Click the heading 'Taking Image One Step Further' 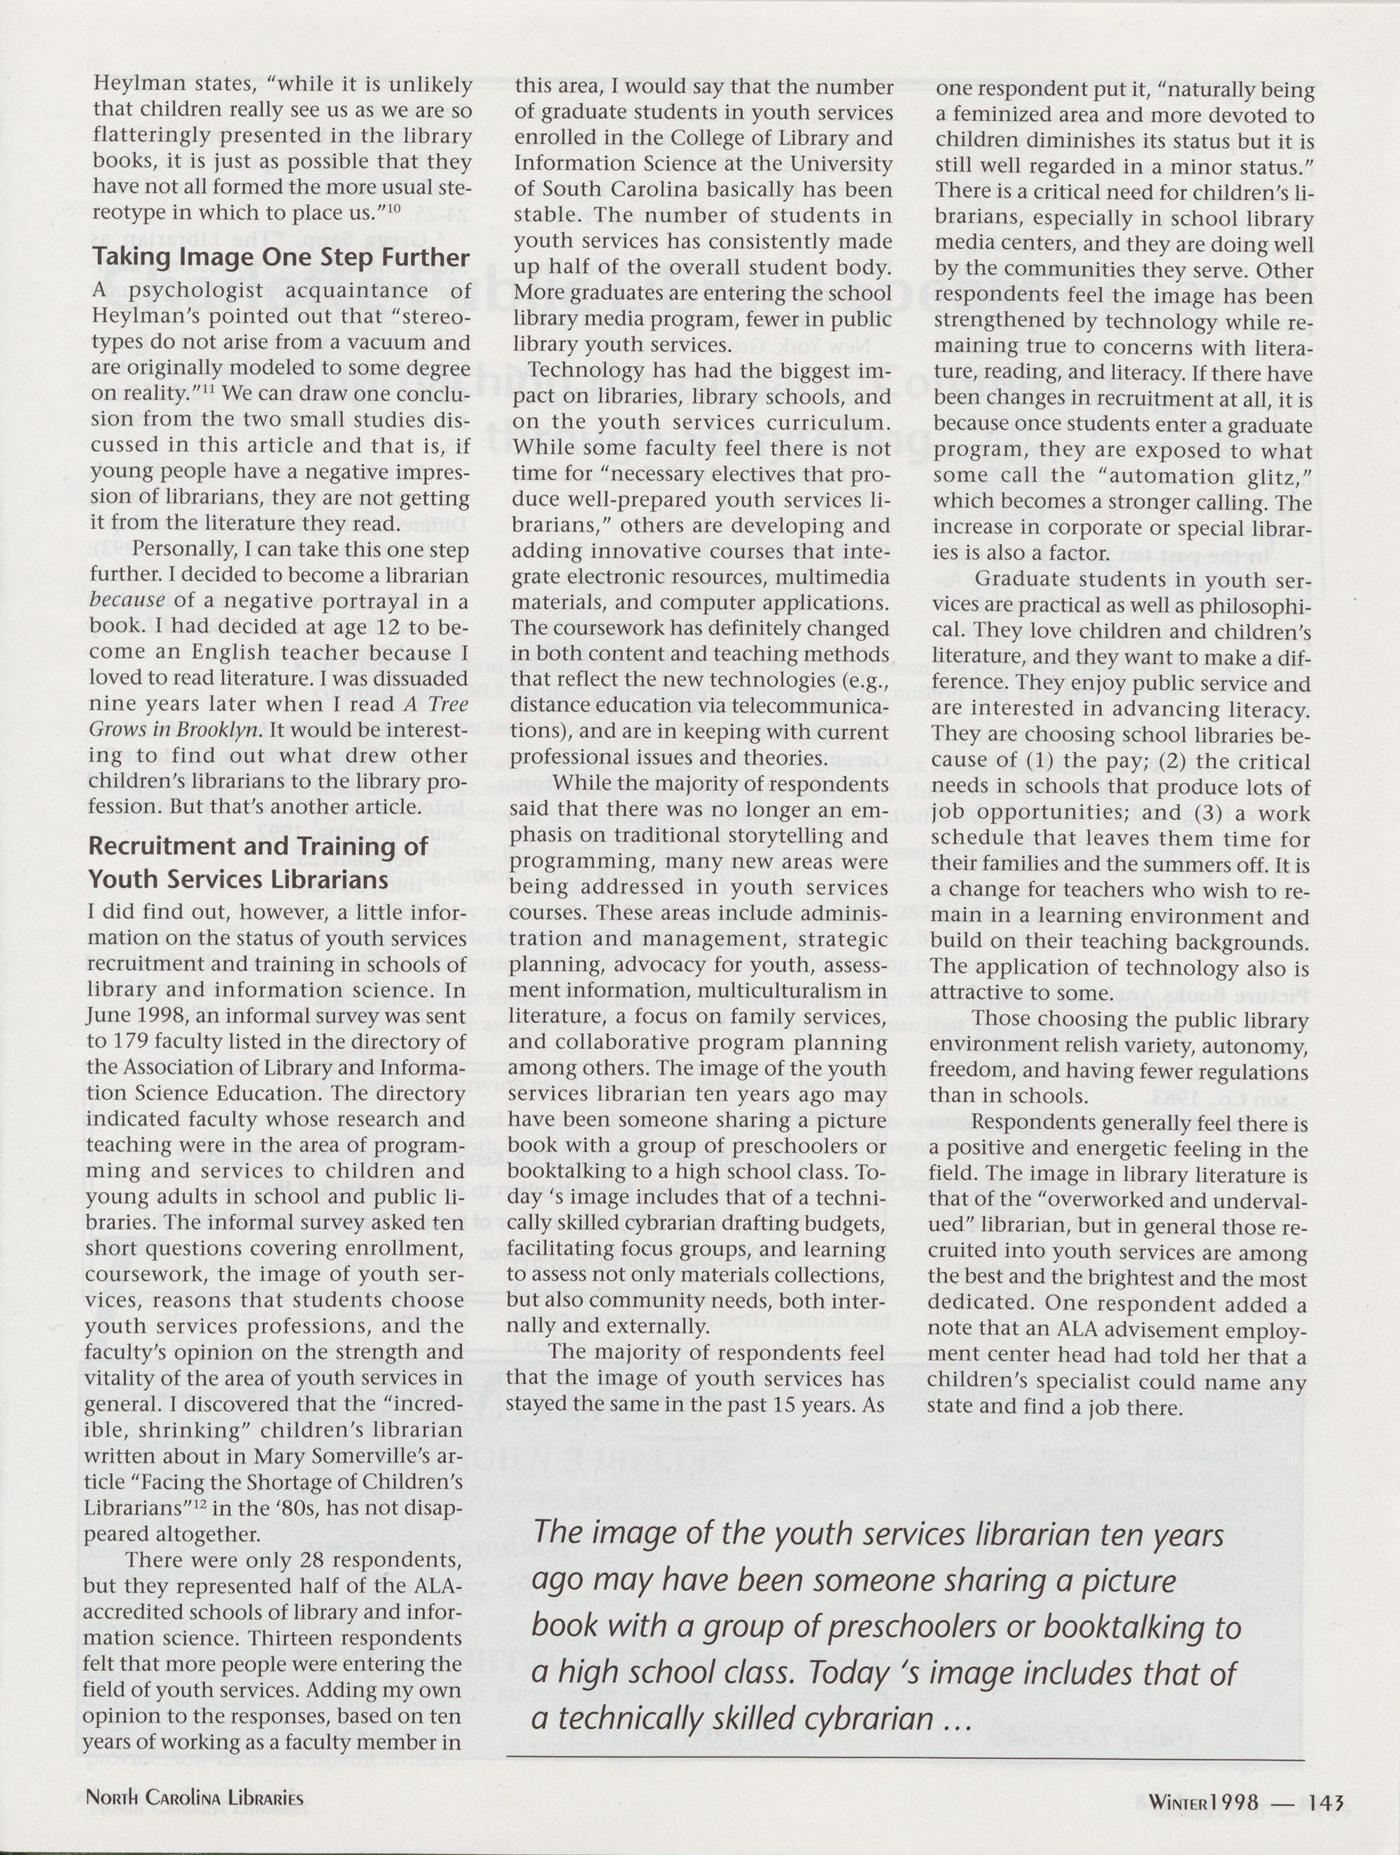click(x=279, y=257)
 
